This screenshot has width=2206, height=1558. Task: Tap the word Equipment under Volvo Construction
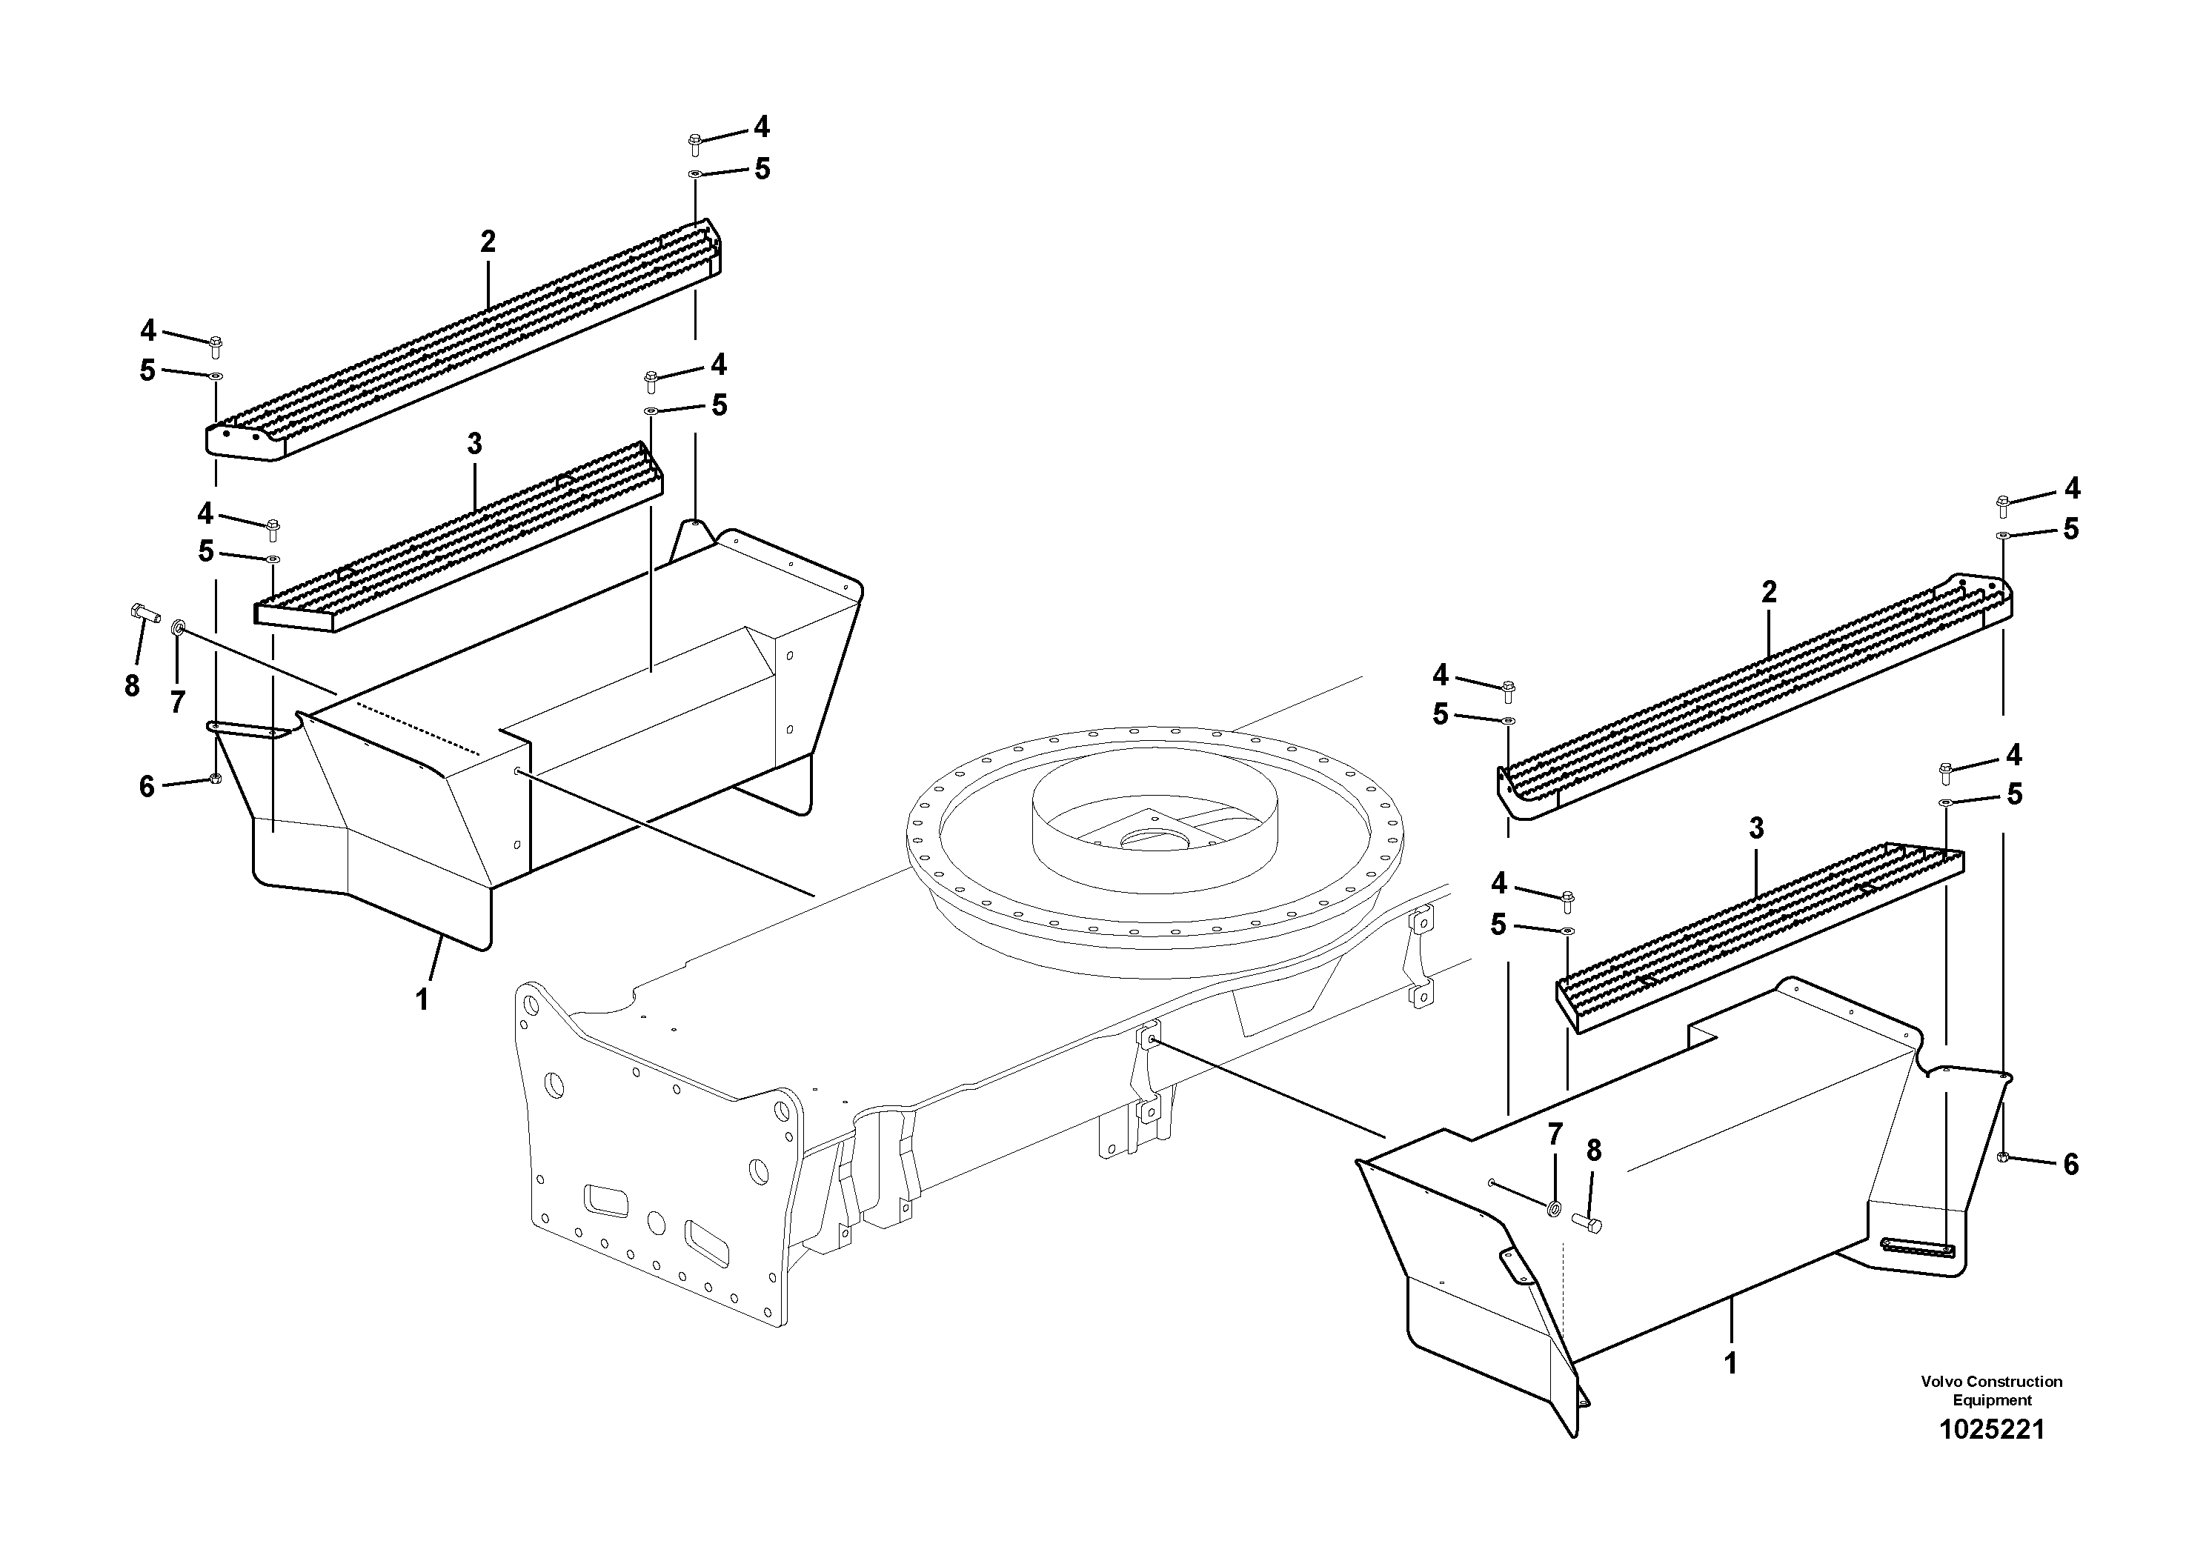click(1992, 1400)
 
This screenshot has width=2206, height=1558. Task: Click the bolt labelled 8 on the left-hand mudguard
click(144, 611)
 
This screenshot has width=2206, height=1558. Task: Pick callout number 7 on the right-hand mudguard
click(1555, 1133)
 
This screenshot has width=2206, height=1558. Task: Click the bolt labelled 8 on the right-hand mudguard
click(1587, 1222)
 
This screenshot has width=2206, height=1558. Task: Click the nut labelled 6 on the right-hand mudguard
click(2002, 1156)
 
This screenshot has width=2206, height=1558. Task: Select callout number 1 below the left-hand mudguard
click(422, 1000)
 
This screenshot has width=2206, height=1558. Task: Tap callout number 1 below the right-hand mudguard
click(1730, 1364)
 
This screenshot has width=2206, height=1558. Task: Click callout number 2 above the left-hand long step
click(488, 242)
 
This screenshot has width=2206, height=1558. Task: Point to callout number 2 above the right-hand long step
click(1769, 593)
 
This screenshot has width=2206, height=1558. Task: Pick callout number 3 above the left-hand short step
click(475, 444)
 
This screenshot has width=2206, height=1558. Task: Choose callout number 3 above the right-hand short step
click(1756, 828)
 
